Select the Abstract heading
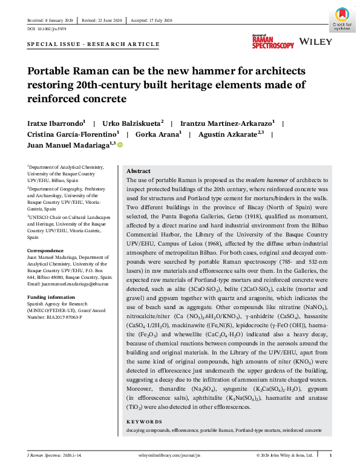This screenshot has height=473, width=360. click(x=138, y=171)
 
